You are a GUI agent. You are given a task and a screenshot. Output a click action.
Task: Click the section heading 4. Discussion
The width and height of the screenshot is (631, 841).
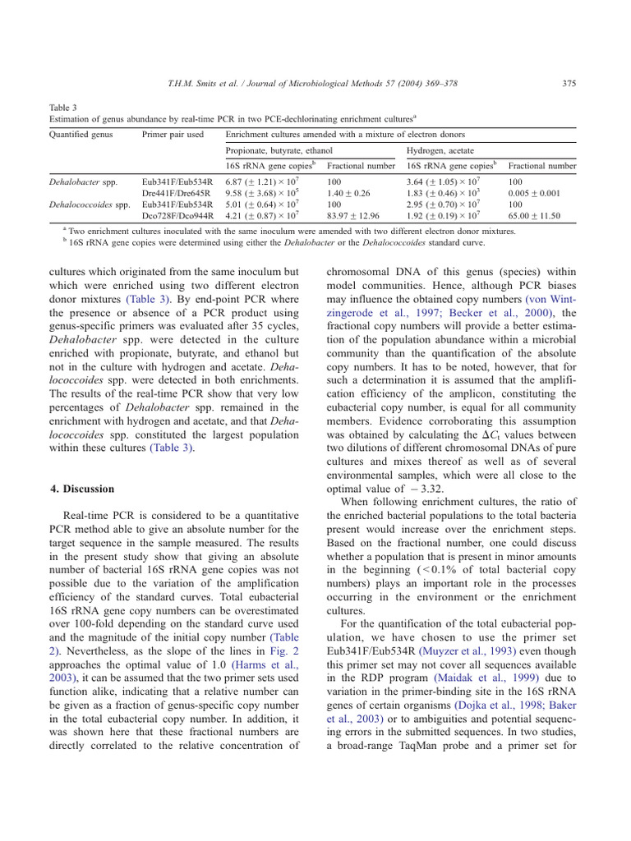click(x=82, y=489)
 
